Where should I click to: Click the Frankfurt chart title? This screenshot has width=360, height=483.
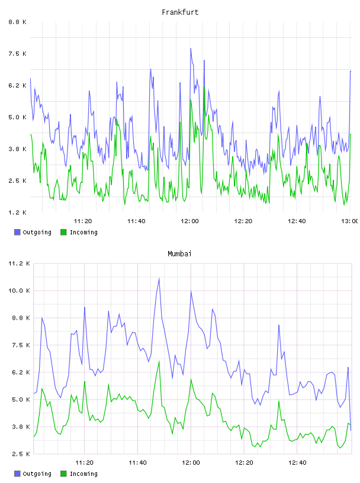point(180,12)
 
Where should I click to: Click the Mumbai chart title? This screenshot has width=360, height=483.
point(179,254)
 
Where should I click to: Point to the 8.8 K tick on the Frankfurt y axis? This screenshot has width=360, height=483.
point(18,22)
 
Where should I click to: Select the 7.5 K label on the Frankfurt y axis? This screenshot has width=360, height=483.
point(18,54)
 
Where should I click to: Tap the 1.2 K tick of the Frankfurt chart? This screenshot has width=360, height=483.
point(18,212)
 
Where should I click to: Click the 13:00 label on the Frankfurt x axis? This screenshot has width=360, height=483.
point(350,221)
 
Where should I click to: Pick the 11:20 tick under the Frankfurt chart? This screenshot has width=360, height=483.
point(83,221)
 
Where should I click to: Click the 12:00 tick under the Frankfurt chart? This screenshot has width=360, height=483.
point(189,221)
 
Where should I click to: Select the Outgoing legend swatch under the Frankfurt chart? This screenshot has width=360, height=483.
point(17,232)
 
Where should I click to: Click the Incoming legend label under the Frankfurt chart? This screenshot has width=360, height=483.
point(83,233)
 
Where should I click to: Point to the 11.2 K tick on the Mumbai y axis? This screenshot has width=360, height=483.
point(19,263)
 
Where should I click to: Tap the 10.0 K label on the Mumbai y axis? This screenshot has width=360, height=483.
point(19,291)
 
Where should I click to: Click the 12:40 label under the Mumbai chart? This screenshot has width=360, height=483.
point(297,462)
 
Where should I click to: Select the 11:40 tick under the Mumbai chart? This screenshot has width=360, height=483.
point(137,462)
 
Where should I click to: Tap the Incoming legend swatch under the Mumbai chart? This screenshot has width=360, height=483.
point(63,474)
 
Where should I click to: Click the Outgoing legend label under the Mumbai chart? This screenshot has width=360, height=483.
point(37,474)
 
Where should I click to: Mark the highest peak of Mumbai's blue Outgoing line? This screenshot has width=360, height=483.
point(159,278)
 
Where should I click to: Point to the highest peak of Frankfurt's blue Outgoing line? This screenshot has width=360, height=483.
point(191,49)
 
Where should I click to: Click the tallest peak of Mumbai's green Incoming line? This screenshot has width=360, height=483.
point(159,361)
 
